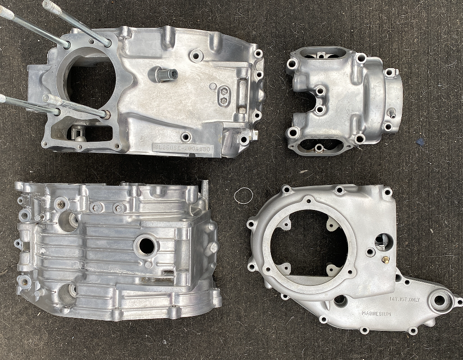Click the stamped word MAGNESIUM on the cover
click(376, 314)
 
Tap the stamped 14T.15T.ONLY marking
click(405, 300)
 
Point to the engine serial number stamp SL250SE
click(183, 148)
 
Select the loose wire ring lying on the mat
click(243, 196)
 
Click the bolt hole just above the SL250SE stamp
click(186, 137)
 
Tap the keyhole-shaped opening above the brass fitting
click(383, 241)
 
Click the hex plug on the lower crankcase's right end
click(213, 248)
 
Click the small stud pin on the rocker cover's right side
click(392, 112)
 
